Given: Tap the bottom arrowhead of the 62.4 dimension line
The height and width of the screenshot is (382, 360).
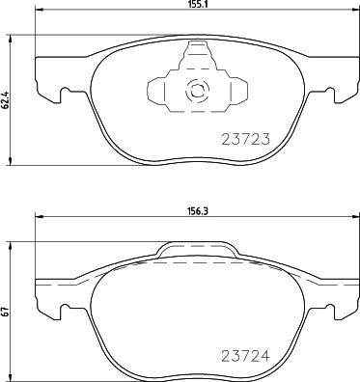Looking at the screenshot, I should point(12,159).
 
